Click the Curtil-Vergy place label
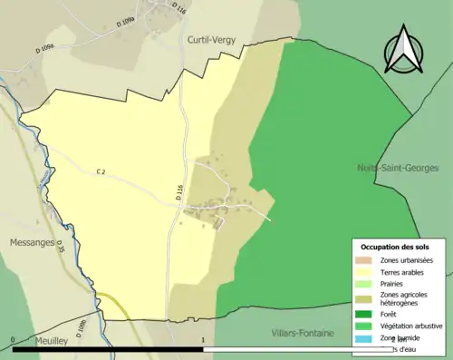212,40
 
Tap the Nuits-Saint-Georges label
398,168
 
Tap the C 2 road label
101,170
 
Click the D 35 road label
61,245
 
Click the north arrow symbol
404,49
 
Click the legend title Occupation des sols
397,247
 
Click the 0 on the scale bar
13,341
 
